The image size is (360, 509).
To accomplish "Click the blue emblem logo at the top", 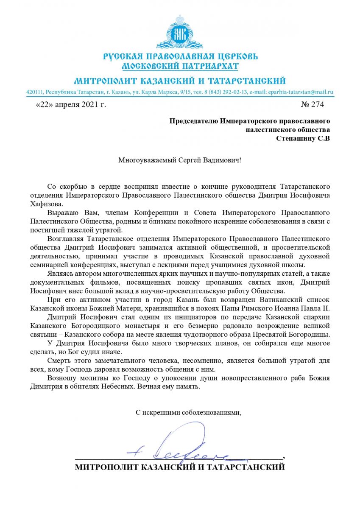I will [180, 33].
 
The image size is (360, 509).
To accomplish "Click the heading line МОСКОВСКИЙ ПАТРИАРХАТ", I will [180, 66].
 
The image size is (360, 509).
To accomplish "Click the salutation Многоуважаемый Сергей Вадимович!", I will [180, 161].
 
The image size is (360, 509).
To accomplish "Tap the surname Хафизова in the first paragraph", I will [45, 204].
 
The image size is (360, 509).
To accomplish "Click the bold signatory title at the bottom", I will [180, 467].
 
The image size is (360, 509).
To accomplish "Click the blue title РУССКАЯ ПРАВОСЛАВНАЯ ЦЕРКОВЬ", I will [180, 56].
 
